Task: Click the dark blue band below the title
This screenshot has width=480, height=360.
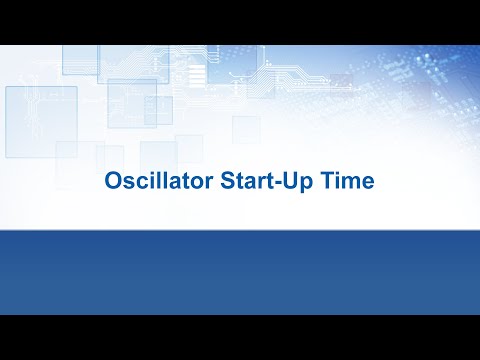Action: point(240,270)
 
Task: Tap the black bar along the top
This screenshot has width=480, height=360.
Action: point(240,21)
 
